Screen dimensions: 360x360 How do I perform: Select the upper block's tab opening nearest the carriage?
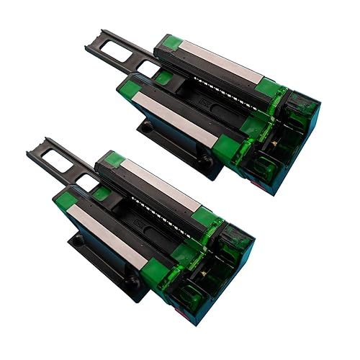[148, 69]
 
